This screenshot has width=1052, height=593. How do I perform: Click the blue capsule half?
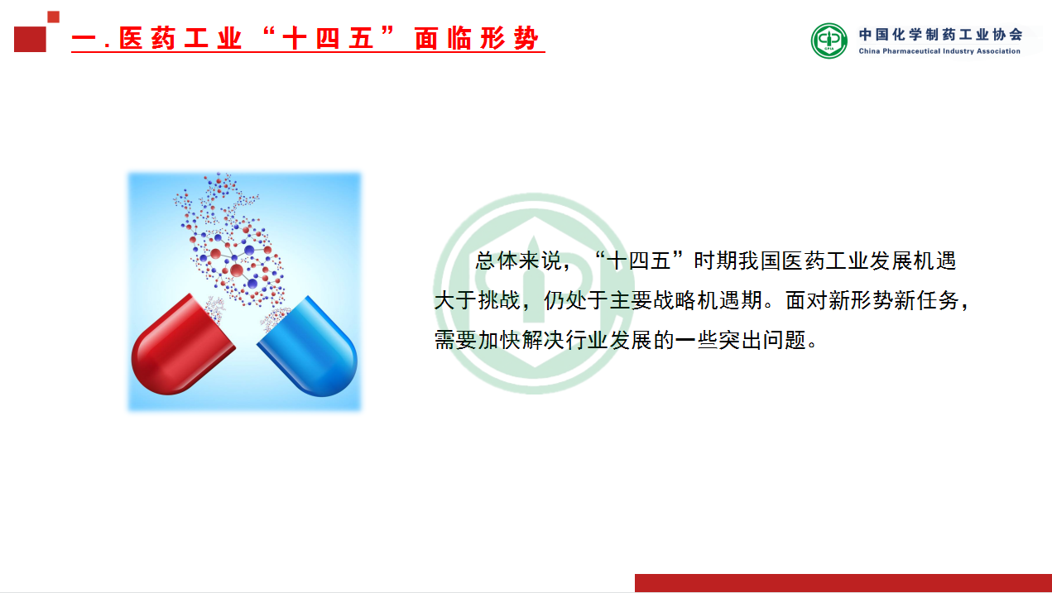310,348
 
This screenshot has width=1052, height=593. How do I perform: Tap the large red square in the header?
30,40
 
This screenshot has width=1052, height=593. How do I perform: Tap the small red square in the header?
54,17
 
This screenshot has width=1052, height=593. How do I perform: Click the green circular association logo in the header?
829,41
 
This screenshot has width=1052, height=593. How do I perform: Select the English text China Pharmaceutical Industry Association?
939,51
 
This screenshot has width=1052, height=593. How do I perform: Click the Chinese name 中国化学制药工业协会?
940,34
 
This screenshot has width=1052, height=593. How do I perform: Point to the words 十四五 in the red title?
327,38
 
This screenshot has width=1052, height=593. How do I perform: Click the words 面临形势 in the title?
476,38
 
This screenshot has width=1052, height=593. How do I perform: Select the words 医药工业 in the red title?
180,38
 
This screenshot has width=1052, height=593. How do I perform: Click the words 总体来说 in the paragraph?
518,261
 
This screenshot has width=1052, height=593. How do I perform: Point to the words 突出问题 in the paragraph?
761,340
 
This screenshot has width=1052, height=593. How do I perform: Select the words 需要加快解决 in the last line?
498,340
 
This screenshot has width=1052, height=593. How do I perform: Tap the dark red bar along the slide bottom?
843,583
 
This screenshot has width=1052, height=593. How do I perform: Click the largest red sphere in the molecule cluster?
236,270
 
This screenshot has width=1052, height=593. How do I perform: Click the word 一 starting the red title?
84,39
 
